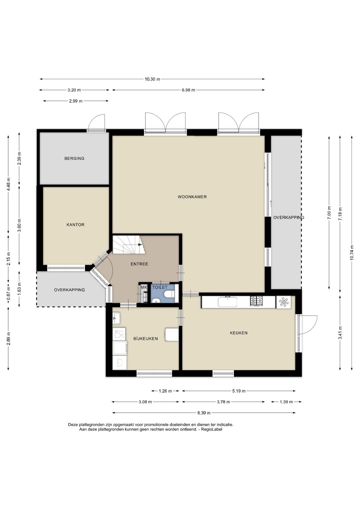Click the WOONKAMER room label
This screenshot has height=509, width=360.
(192, 197)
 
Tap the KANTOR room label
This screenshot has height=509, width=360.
(75, 225)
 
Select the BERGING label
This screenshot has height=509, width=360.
(74, 158)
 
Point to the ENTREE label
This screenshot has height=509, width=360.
(139, 264)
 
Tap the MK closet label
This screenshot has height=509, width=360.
(144, 287)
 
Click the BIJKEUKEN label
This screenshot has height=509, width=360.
(145, 339)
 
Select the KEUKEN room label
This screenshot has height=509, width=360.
(239, 333)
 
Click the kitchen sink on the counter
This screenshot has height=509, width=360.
(227, 302)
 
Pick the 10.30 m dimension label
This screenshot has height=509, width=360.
(152, 79)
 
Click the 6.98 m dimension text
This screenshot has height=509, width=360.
(188, 90)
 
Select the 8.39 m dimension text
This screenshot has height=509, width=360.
(204, 413)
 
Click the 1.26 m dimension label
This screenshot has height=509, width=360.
(165, 391)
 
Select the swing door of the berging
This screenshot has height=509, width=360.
(97, 122)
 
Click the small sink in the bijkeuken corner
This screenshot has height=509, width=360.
(117, 318)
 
